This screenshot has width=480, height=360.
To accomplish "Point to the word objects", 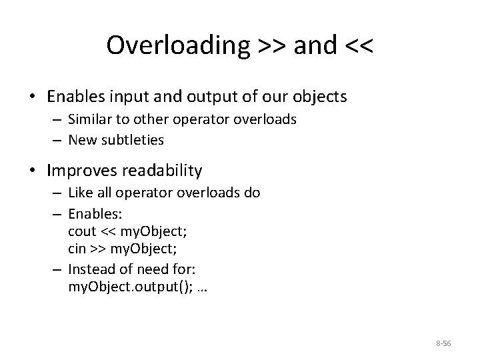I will (x=320, y=97).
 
